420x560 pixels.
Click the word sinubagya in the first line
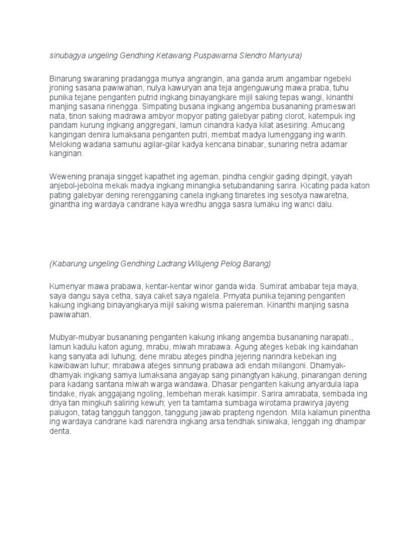(66, 55)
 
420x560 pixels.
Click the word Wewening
(68, 177)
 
